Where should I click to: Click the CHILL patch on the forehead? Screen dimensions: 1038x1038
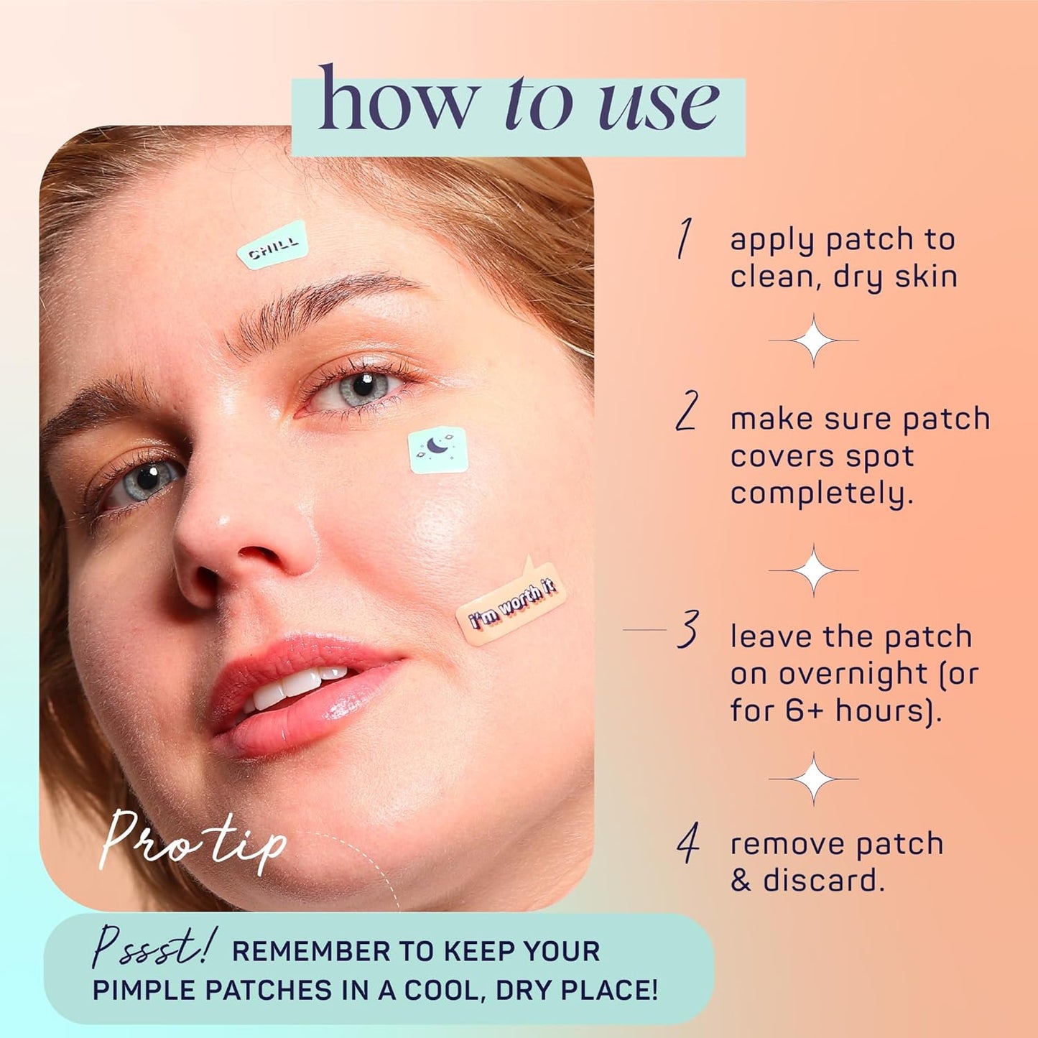273,246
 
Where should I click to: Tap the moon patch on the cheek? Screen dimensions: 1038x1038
438,450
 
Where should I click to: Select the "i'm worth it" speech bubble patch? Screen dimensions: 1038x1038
511,604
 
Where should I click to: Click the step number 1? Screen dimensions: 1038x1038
685,238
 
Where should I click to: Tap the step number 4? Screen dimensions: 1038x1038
688,843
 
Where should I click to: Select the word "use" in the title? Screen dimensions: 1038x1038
658,106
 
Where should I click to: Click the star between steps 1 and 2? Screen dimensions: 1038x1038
813,340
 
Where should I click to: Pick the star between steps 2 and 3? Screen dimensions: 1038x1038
813,570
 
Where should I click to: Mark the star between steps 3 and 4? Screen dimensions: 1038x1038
813,778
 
